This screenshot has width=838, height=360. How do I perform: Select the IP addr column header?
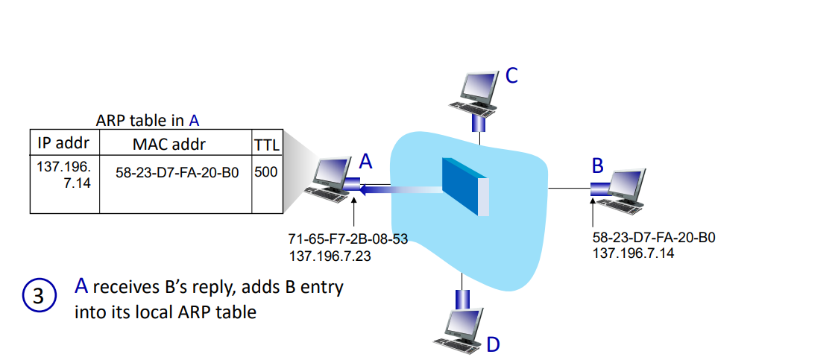coord(63,142)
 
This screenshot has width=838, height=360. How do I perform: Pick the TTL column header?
coord(266,142)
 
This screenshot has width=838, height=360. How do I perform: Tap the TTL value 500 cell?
coord(266,172)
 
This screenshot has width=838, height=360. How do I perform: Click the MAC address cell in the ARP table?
coord(177,173)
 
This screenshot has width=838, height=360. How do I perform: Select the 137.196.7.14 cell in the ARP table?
coord(63,173)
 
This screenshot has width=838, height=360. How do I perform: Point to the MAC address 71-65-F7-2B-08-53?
coord(348,240)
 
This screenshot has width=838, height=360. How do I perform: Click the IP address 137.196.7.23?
coord(332,256)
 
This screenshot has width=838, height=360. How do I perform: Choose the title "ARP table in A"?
coord(148,120)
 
